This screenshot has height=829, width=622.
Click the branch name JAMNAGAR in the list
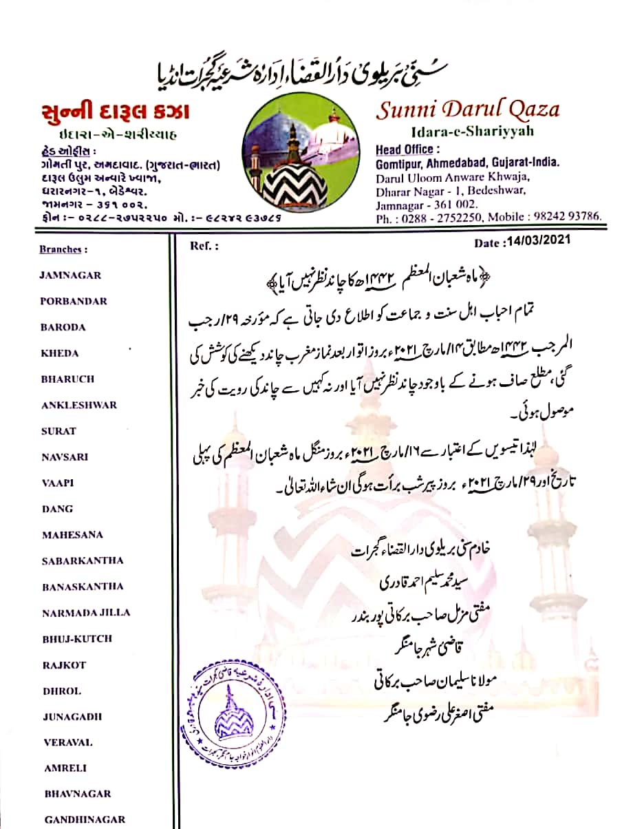(70, 275)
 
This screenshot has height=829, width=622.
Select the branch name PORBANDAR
(74, 301)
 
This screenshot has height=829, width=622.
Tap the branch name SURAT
(58, 431)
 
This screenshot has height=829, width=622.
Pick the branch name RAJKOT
(64, 664)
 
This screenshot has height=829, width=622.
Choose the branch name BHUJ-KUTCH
(77, 638)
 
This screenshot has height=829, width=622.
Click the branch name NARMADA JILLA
(85, 612)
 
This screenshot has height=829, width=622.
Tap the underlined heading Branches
(63, 249)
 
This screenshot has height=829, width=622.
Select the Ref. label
(204, 244)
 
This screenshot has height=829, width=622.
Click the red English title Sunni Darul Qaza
(467, 109)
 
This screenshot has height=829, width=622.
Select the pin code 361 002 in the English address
(454, 204)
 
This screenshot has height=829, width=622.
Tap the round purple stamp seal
(233, 709)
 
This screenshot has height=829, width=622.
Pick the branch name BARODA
(63, 327)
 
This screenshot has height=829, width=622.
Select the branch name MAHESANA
(72, 534)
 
